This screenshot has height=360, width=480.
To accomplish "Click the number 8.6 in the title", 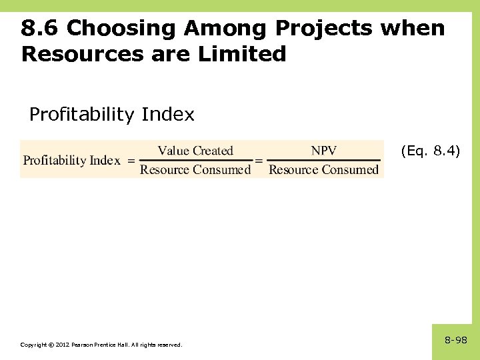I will coord(41,29).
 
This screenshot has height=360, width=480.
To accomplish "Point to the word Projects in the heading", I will coord(324,29).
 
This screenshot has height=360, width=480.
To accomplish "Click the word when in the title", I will coord(413,29).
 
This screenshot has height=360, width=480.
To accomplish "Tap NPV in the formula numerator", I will coord(324,151).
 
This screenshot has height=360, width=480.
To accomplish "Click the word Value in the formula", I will coord(173,151).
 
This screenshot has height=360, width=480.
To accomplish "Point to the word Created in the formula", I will coord(213,151).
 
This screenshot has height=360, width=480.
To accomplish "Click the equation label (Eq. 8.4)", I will coord(430,151).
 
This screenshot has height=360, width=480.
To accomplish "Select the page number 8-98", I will coord(456,341).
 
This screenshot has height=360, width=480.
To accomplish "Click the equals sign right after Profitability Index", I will coord(131,161).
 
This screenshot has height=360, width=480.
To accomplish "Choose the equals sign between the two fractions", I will coord(259,161).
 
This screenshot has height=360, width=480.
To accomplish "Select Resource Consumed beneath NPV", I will coord(323,170).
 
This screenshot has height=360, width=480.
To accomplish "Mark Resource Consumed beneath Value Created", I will coord(195,170).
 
